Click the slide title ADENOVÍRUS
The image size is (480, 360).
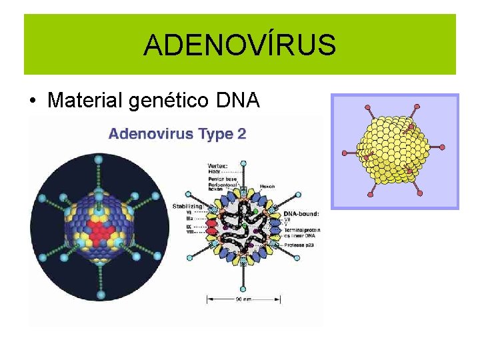pos(239,45)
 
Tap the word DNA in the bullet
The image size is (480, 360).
pos(237,101)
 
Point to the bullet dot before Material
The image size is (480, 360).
pos(32,101)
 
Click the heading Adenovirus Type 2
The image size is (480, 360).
pos(177,133)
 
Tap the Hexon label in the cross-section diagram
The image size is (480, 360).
pos(267,186)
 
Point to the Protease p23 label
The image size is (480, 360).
pos(303,245)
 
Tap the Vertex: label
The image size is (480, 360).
pos(218,165)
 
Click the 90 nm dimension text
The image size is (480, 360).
pos(244,299)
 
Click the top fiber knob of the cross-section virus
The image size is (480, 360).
pos(244,162)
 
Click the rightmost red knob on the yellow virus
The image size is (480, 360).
pos(443,146)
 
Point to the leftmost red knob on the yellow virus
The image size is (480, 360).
pos(345,153)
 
